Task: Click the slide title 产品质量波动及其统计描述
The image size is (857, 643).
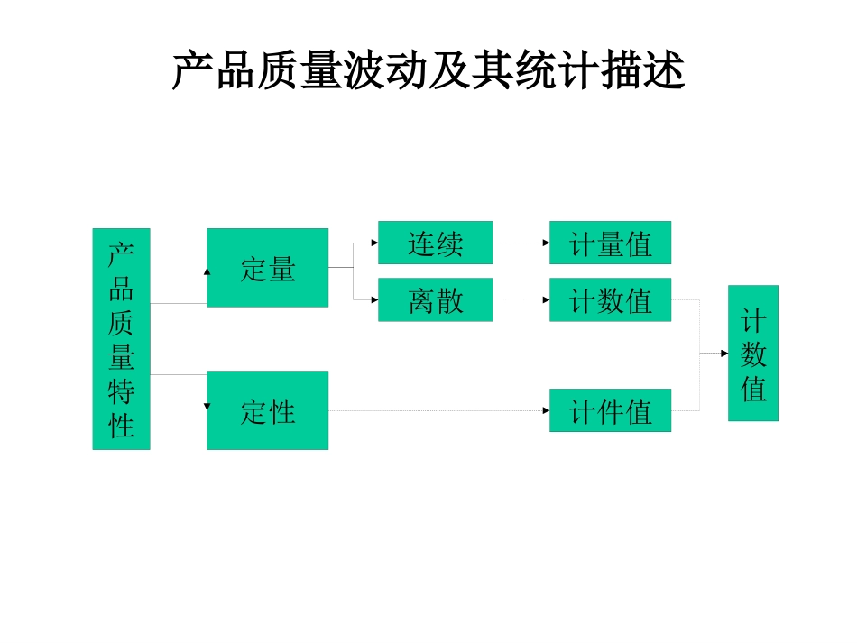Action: click(428, 70)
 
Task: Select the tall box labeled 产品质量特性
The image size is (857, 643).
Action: click(121, 338)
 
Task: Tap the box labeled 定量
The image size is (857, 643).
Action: click(267, 268)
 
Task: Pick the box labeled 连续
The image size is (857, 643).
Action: click(435, 243)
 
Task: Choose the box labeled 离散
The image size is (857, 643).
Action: click(435, 299)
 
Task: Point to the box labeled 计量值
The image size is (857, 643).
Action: click(610, 243)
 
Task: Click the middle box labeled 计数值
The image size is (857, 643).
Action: click(610, 299)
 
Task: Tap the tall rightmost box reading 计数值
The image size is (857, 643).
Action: click(752, 353)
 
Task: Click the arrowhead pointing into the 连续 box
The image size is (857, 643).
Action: click(373, 243)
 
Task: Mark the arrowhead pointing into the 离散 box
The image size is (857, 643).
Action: click(373, 299)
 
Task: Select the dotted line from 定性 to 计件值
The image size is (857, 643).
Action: click(438, 411)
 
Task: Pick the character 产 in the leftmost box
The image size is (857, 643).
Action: click(121, 253)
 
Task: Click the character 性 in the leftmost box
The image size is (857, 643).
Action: click(121, 424)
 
